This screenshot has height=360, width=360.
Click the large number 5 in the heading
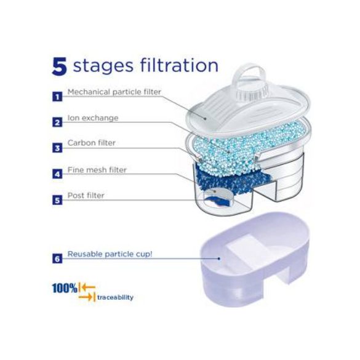(60, 66)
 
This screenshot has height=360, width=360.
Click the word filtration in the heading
(179, 65)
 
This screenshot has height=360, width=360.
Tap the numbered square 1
(57, 97)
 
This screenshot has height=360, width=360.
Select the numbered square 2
(57, 122)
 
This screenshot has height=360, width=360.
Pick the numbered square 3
(57, 148)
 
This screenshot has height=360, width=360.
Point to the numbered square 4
(57, 174)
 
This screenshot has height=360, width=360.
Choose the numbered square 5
(57, 200)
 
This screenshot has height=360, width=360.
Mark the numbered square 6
(57, 258)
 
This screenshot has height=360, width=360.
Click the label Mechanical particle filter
(114, 92)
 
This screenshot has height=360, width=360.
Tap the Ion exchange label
(93, 118)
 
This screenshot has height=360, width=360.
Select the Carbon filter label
(91, 143)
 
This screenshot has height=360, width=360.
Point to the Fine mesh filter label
(97, 170)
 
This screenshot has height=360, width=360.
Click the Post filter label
(86, 196)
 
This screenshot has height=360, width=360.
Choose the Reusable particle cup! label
(110, 254)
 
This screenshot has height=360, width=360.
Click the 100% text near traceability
(65, 288)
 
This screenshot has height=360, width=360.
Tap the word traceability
(115, 298)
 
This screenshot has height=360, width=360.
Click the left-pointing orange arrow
(89, 287)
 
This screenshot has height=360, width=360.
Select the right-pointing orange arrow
(86, 297)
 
